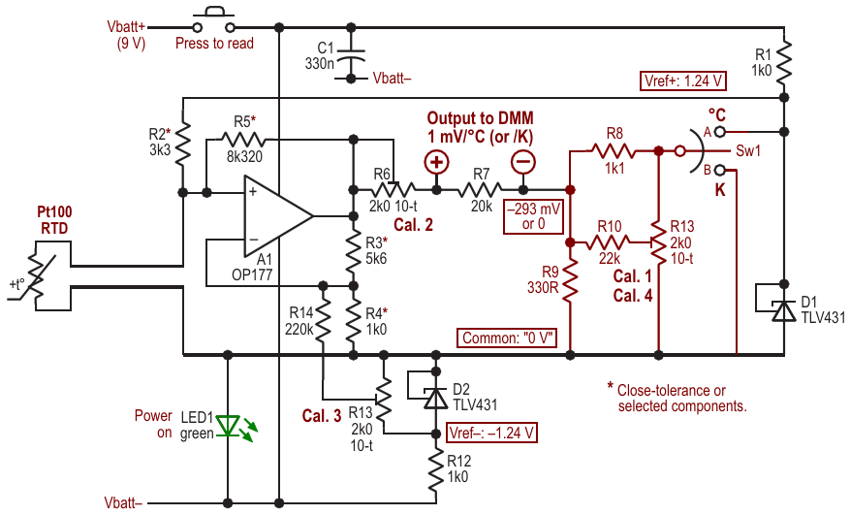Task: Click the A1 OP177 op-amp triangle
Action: click(x=277, y=216)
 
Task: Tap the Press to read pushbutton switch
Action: click(x=214, y=21)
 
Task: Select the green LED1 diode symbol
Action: click(x=228, y=426)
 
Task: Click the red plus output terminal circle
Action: click(x=436, y=162)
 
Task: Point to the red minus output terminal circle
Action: click(x=523, y=162)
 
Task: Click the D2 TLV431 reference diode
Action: click(x=436, y=398)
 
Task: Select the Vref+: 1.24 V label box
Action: click(x=683, y=80)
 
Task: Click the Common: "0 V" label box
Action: click(x=507, y=338)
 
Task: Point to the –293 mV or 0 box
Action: click(x=533, y=216)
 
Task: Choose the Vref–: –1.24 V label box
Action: click(x=491, y=434)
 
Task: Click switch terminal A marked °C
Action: click(x=719, y=131)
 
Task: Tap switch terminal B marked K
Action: click(x=719, y=171)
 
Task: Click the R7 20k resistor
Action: click(x=481, y=189)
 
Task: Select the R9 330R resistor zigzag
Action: click(x=570, y=280)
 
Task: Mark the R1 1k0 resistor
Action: click(x=784, y=61)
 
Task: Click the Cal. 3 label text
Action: click(x=322, y=416)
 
